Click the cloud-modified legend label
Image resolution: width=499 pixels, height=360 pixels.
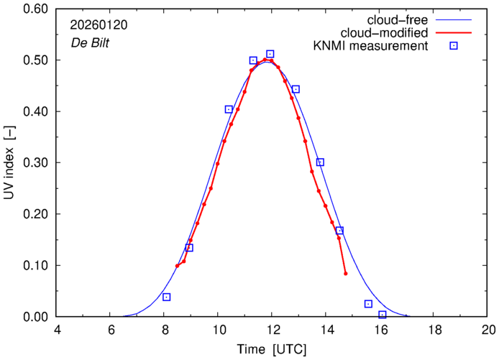389,33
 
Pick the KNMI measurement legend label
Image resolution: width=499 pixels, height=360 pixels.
377,47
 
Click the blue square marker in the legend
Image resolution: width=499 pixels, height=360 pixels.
453,47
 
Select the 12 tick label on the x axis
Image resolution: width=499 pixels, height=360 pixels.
273,331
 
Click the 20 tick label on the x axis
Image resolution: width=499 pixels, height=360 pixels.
489,331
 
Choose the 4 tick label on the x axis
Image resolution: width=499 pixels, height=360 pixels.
58,331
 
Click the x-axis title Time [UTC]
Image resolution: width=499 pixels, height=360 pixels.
273,349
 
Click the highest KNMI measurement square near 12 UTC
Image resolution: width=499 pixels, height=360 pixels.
270,54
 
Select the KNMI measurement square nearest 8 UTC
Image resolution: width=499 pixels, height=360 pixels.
167,297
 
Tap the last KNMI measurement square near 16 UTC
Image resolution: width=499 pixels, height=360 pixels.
383,315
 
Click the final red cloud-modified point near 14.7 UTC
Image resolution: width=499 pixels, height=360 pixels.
346,274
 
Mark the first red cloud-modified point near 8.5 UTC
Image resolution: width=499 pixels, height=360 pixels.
177,266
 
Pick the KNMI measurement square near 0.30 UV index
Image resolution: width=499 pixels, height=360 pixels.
320,162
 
